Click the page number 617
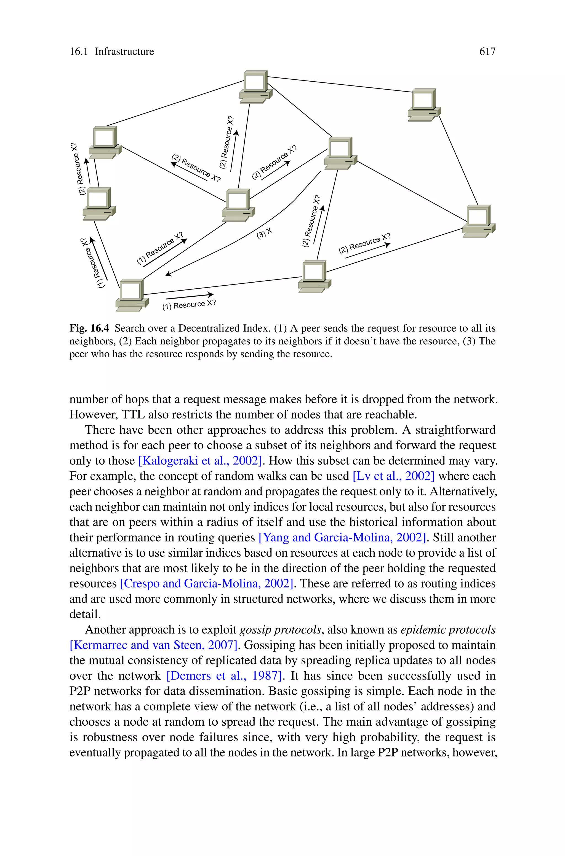(487, 52)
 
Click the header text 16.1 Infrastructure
(112, 52)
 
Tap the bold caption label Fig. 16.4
(89, 328)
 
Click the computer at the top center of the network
(255, 86)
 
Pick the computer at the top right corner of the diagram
(424, 104)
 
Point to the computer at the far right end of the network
(479, 221)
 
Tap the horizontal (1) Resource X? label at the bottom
(189, 305)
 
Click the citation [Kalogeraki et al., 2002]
(200, 461)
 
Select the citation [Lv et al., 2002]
(393, 476)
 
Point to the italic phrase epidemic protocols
(448, 630)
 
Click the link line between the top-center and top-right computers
(339, 84)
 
